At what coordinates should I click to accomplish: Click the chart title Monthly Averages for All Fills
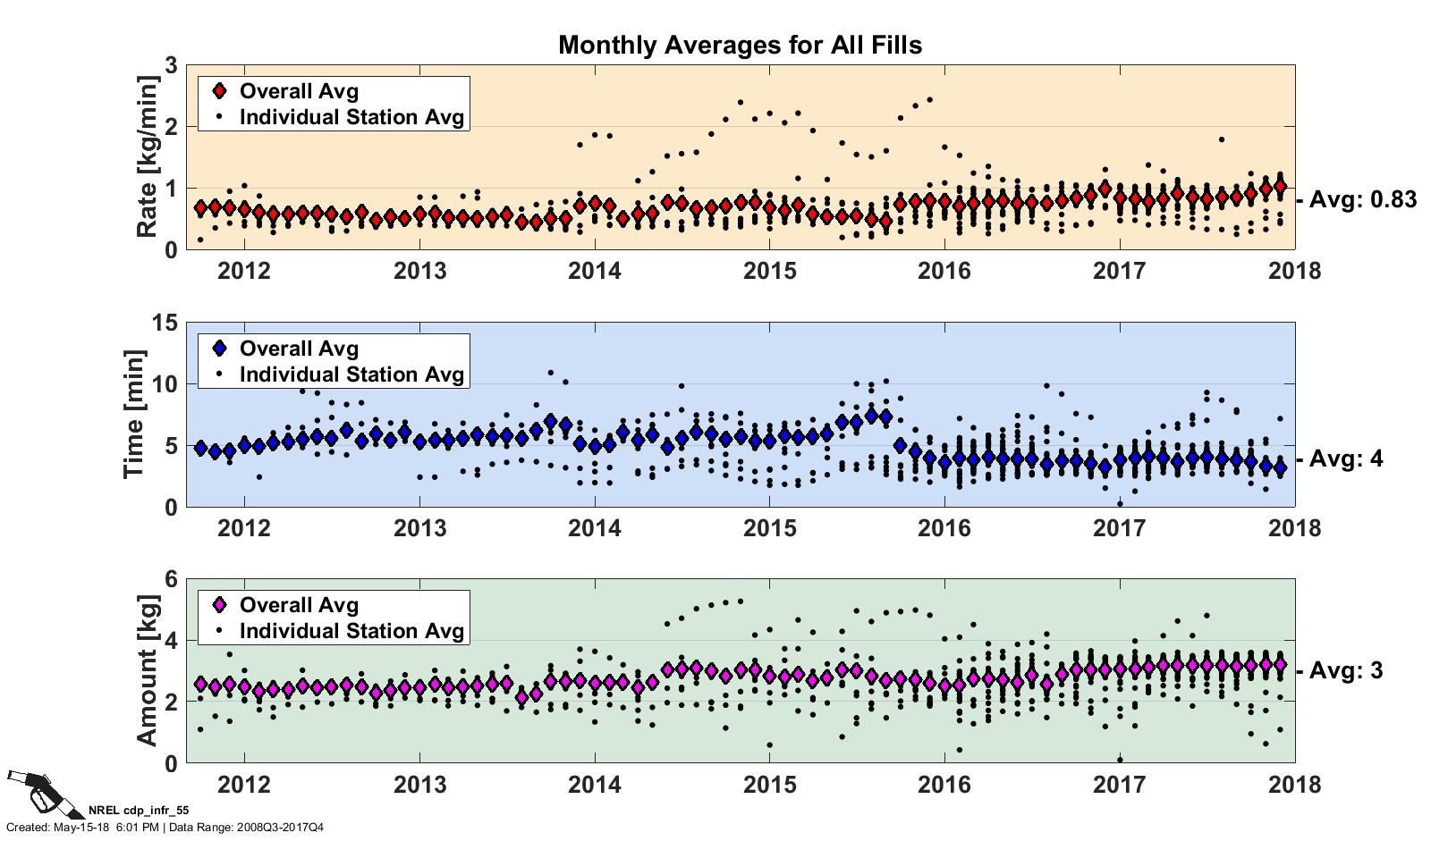pyautogui.click(x=740, y=45)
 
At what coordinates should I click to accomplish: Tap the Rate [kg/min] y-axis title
pyautogui.click(x=148, y=157)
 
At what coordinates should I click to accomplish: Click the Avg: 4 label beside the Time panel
pyautogui.click(x=1345, y=459)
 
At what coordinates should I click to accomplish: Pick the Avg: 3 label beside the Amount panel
pyautogui.click(x=1345, y=670)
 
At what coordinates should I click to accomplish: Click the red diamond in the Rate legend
pyautogui.click(x=220, y=91)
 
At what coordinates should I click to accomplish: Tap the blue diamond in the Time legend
pyautogui.click(x=220, y=349)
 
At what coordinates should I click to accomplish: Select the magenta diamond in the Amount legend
pyautogui.click(x=220, y=605)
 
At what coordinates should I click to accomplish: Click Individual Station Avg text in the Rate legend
pyautogui.click(x=352, y=118)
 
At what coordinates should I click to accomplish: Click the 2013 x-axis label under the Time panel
pyautogui.click(x=419, y=527)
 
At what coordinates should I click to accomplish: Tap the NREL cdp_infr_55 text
pyautogui.click(x=139, y=812)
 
